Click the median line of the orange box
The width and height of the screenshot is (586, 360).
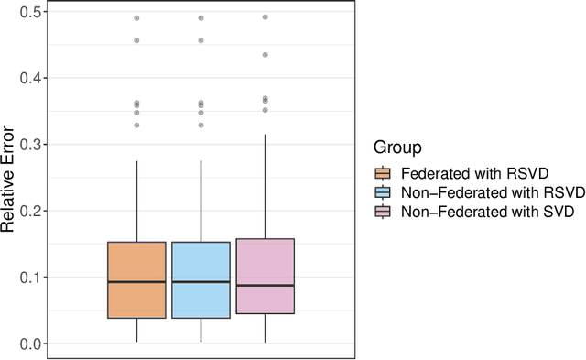[136, 282]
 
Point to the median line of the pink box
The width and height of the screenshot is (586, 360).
[265, 286]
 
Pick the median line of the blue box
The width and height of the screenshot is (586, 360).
[201, 282]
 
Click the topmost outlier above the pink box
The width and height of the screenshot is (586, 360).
[265, 17]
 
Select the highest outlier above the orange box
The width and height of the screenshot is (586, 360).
[136, 18]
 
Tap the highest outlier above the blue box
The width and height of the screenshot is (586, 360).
[201, 18]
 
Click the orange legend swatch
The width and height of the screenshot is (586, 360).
[384, 173]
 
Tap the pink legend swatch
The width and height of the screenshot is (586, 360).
[384, 213]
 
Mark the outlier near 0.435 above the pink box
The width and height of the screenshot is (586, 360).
[265, 55]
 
